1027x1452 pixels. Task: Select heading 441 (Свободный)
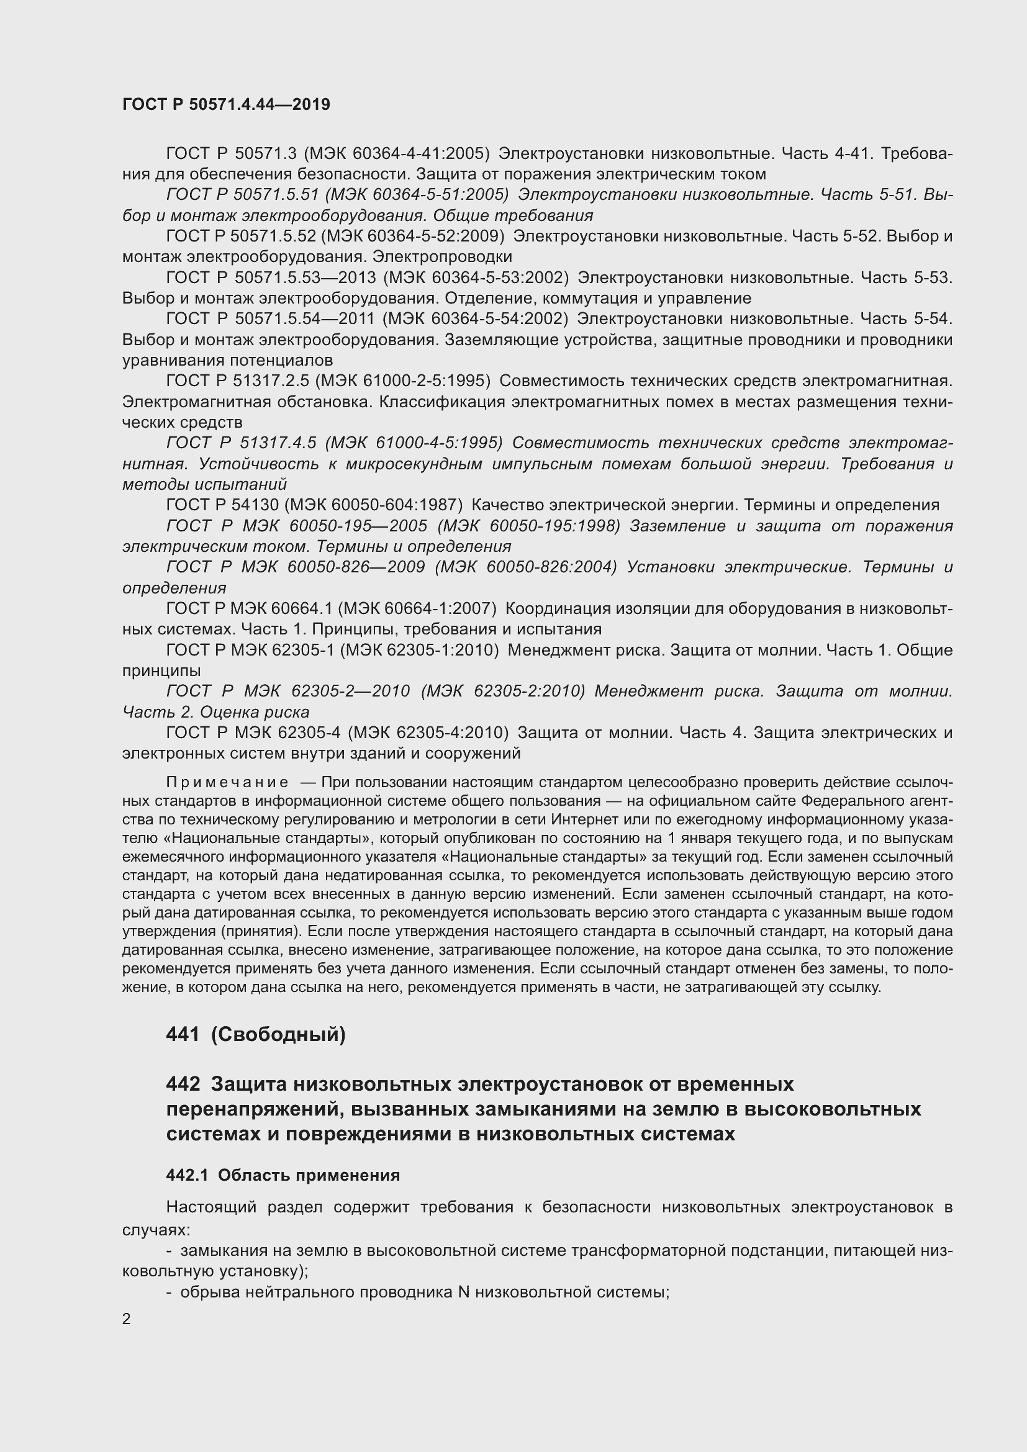tap(255, 1034)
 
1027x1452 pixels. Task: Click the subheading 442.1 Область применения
tap(283, 1175)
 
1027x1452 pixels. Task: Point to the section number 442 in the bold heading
tap(183, 1084)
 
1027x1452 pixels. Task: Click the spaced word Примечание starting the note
tap(227, 783)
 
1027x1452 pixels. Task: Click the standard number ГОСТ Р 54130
tap(220, 505)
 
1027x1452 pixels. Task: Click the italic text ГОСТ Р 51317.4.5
tap(241, 443)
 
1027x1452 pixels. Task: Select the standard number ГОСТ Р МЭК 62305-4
tap(253, 733)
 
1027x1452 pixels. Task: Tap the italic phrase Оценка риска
tap(254, 712)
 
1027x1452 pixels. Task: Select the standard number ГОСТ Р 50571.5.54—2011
tap(271, 319)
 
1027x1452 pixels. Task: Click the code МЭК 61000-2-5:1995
tap(403, 381)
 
